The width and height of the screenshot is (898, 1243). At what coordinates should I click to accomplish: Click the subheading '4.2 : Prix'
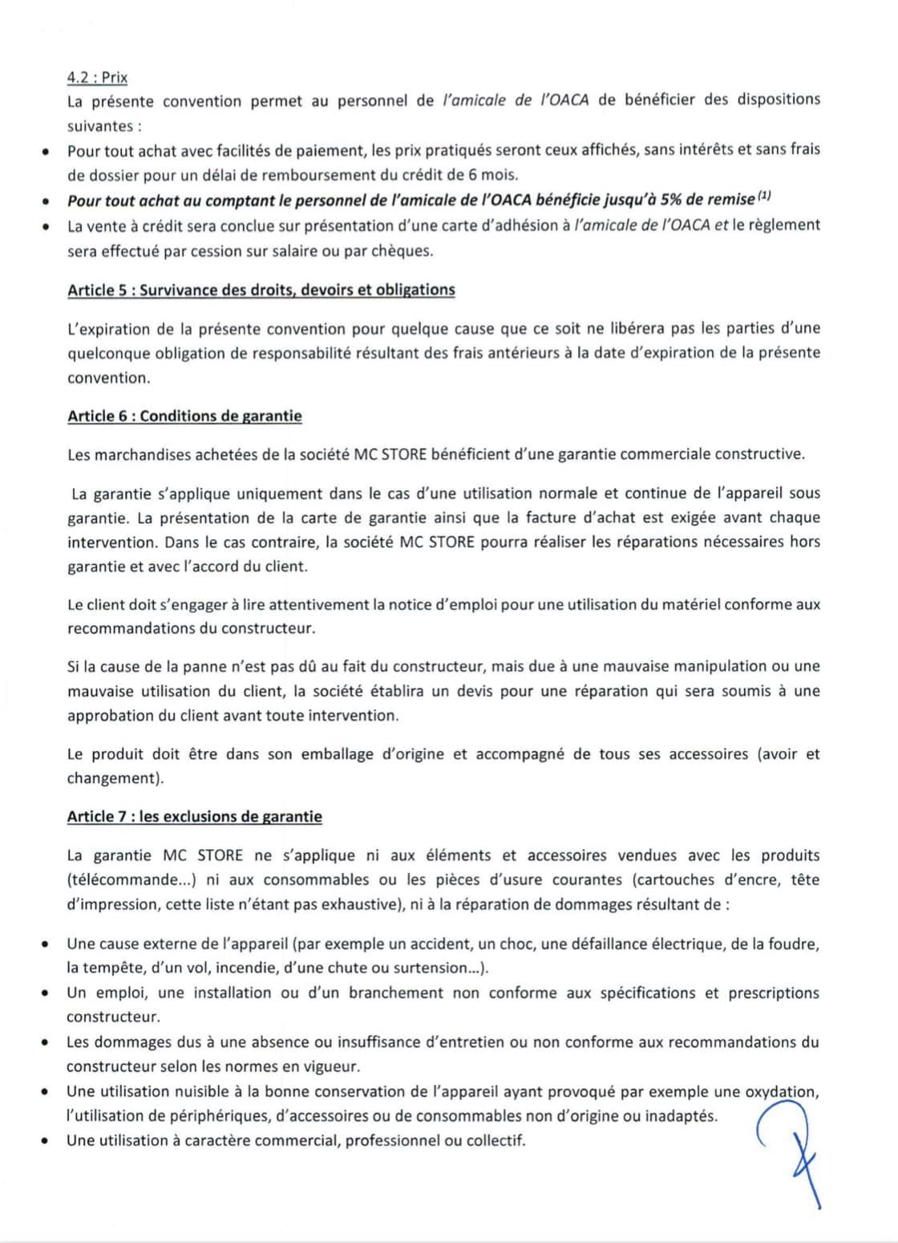click(x=97, y=78)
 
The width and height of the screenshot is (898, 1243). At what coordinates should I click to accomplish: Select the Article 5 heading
click(x=261, y=290)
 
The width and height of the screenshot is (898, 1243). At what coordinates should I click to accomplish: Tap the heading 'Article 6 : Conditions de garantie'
click(x=184, y=416)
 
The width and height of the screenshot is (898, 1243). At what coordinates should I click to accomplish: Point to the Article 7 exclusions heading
click(x=194, y=817)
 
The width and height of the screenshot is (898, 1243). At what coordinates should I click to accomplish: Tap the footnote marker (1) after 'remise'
click(x=764, y=196)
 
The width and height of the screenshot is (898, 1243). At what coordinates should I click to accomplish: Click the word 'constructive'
click(x=758, y=454)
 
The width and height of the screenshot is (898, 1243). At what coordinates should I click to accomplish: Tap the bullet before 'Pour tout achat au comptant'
click(x=47, y=201)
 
